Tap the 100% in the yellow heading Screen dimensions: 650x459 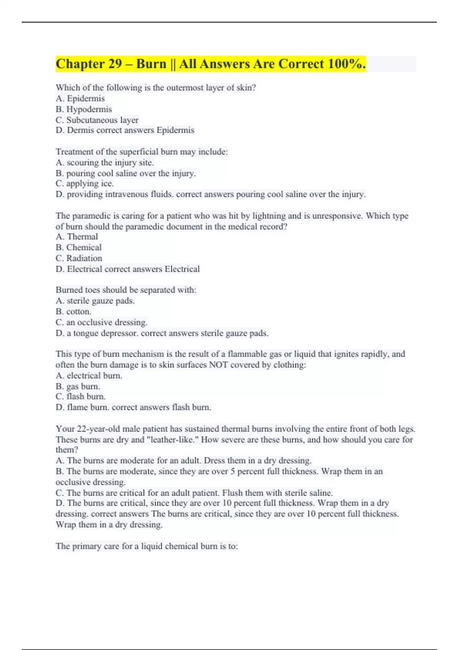tap(347, 64)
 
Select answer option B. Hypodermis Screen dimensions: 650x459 tap(84, 109)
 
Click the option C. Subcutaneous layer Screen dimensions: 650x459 tap(97, 120)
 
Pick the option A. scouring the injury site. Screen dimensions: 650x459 tap(104, 162)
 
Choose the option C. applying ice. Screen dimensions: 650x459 tap(85, 184)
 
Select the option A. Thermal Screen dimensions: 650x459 tap(76, 237)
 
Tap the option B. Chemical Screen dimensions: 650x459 tap(78, 247)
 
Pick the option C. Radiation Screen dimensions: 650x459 tap(79, 258)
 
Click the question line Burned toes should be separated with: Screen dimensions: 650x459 tap(126, 290)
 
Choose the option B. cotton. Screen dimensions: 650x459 tap(73, 312)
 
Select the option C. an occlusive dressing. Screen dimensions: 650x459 tap(101, 322)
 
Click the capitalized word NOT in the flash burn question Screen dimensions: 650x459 tap(218, 365)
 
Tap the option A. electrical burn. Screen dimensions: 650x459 tap(89, 375)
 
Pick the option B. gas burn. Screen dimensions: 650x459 tap(78, 386)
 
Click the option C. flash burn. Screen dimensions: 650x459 tap(80, 396)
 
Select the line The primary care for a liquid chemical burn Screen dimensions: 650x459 tap(146, 546)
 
